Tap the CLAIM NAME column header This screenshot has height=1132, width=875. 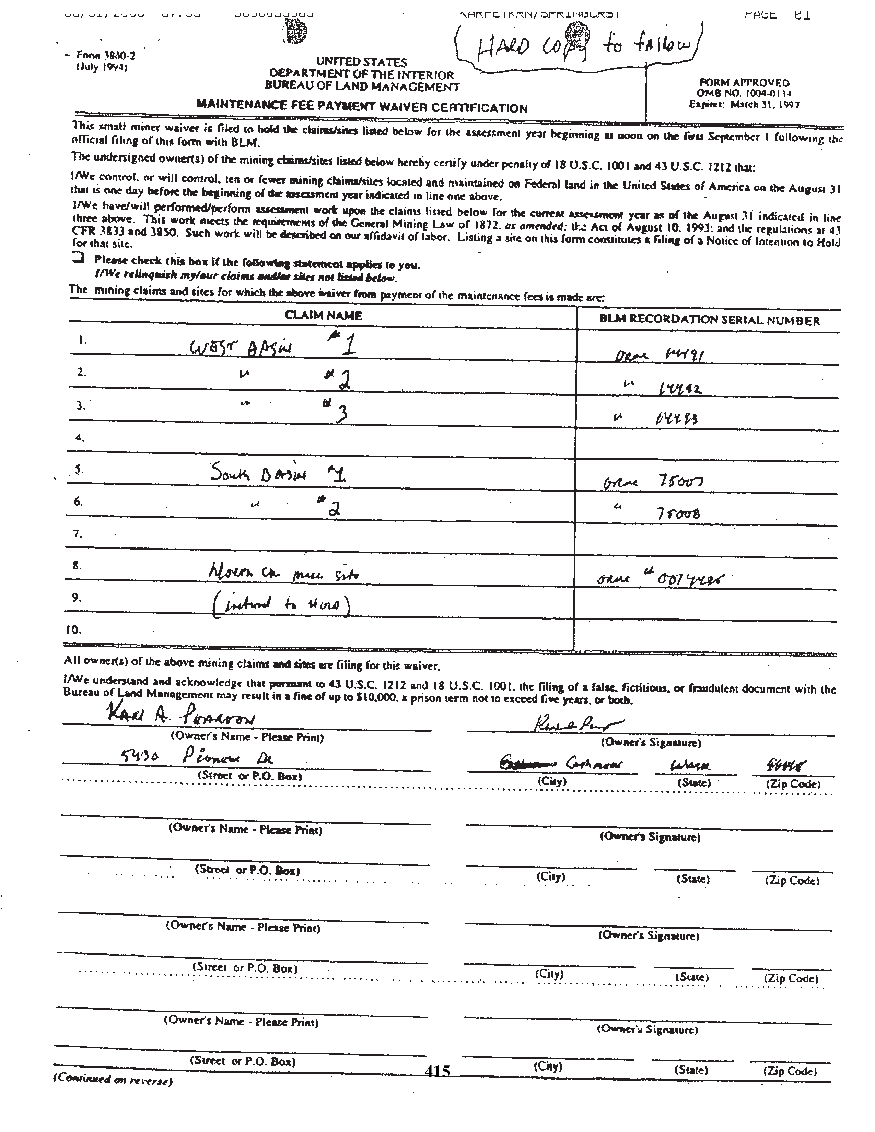[x=323, y=315]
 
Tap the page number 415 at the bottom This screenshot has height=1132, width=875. [x=437, y=1070]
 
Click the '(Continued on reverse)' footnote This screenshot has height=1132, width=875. [x=113, y=1080]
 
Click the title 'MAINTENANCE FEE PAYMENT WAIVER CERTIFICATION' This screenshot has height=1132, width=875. [x=362, y=107]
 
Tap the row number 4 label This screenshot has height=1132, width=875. [x=79, y=437]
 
